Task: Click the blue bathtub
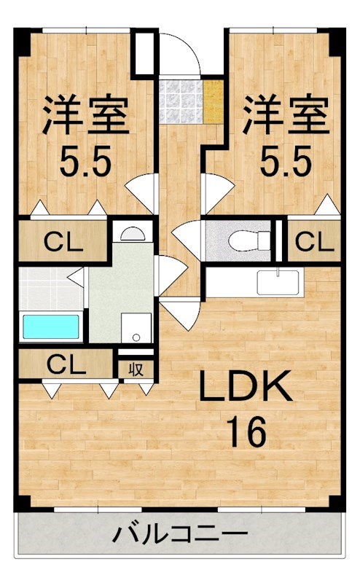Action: (x=51, y=326)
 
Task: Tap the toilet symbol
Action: (x=249, y=240)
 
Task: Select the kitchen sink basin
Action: (x=278, y=282)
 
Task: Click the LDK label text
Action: (x=246, y=386)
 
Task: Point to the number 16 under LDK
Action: (x=246, y=431)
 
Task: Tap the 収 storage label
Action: (x=136, y=369)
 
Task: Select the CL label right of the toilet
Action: (x=314, y=241)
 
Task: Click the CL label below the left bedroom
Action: (x=63, y=241)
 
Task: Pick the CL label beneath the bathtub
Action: (x=66, y=366)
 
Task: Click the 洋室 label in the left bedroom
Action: (x=85, y=114)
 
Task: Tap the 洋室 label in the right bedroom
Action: (x=286, y=114)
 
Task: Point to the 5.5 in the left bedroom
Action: (x=85, y=161)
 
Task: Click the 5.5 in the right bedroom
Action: (x=286, y=161)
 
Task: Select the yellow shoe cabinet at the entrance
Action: (x=214, y=101)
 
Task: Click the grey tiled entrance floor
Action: (x=181, y=101)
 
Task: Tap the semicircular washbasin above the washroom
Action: (x=133, y=234)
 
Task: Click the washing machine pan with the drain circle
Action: (x=136, y=327)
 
